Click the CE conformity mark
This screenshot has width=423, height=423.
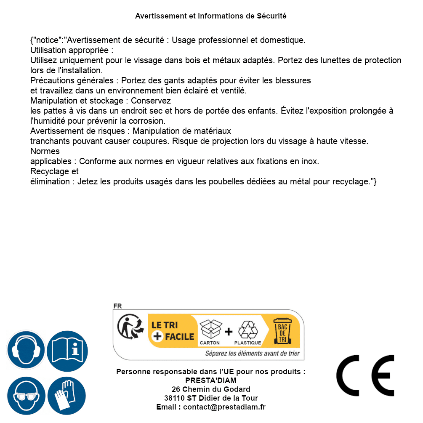point(365,376)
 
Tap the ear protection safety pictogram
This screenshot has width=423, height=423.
point(25,350)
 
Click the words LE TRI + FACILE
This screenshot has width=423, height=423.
point(173,330)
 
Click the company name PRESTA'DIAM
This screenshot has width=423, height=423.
point(210,380)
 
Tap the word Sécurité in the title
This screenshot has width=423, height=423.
point(271,16)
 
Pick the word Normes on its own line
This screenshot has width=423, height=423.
point(45,151)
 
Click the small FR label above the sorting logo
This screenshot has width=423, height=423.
point(117,306)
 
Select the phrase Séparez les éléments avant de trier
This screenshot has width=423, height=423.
point(252,353)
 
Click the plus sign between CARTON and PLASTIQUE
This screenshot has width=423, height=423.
point(229,331)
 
